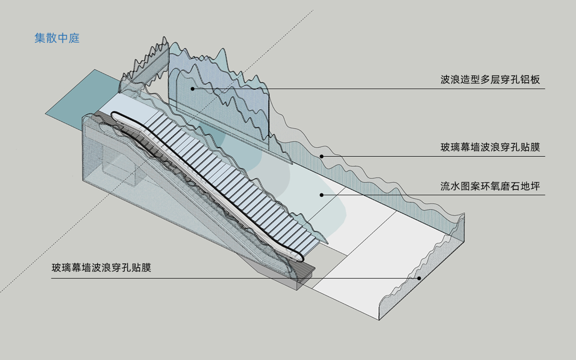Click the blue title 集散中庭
[x=57, y=38]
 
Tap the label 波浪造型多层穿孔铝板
[x=490, y=79]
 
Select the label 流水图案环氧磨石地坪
[x=490, y=186]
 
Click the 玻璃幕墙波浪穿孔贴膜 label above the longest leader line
[x=101, y=267]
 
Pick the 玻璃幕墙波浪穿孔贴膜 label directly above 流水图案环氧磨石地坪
[x=490, y=148]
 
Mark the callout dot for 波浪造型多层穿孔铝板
[x=193, y=89]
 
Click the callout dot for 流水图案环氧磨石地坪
[x=322, y=195]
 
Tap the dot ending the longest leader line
[x=419, y=278]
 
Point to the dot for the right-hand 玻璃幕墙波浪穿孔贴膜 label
[x=322, y=156]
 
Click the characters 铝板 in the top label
[x=530, y=79]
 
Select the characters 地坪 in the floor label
[x=530, y=186]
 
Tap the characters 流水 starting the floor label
[x=450, y=186]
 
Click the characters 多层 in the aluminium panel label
[x=490, y=79]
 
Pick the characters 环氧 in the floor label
[x=490, y=186]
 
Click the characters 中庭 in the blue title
[x=68, y=38]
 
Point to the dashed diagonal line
[x=157, y=151]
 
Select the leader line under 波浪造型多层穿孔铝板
[x=369, y=89]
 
